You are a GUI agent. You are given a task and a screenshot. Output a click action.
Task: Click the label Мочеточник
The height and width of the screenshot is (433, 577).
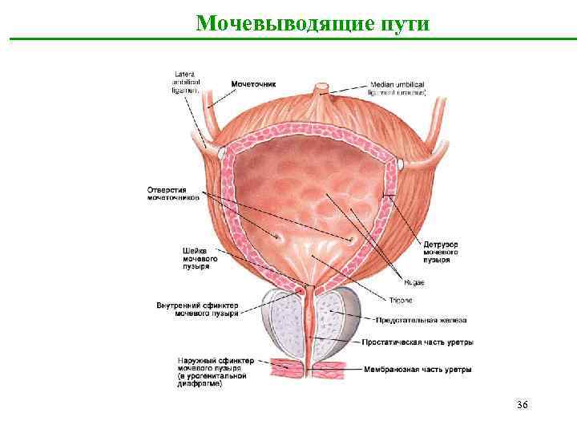point(253,83)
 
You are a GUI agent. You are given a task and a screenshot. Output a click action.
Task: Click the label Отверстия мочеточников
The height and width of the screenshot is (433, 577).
point(172,194)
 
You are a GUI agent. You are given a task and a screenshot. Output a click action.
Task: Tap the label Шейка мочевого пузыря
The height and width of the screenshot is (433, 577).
point(196,257)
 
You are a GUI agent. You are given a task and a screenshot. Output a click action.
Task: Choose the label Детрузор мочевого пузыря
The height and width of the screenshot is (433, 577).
point(441,252)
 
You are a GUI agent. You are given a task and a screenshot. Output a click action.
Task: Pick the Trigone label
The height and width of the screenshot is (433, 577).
point(401,300)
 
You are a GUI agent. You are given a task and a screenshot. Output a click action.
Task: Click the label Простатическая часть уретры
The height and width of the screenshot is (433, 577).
point(418,342)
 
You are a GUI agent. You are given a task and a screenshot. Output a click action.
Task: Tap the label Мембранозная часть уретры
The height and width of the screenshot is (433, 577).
point(417,370)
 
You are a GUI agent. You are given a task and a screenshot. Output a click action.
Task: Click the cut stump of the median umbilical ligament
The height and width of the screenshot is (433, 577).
point(322,88)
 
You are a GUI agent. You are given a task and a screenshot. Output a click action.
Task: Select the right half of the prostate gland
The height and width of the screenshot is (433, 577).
point(337,325)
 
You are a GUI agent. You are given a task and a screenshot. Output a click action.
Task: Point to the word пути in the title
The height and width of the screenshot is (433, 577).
point(405,22)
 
